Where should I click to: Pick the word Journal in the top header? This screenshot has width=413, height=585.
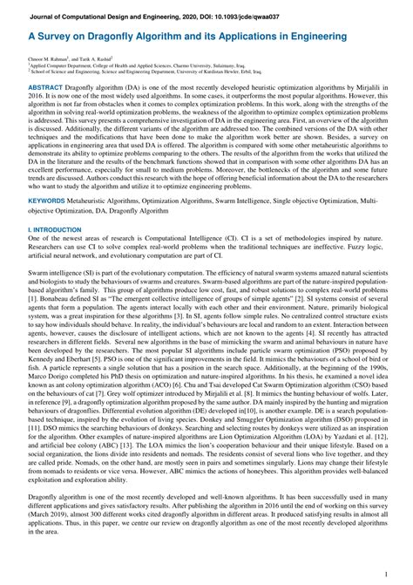(46, 17)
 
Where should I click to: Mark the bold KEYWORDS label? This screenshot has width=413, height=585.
(46, 201)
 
